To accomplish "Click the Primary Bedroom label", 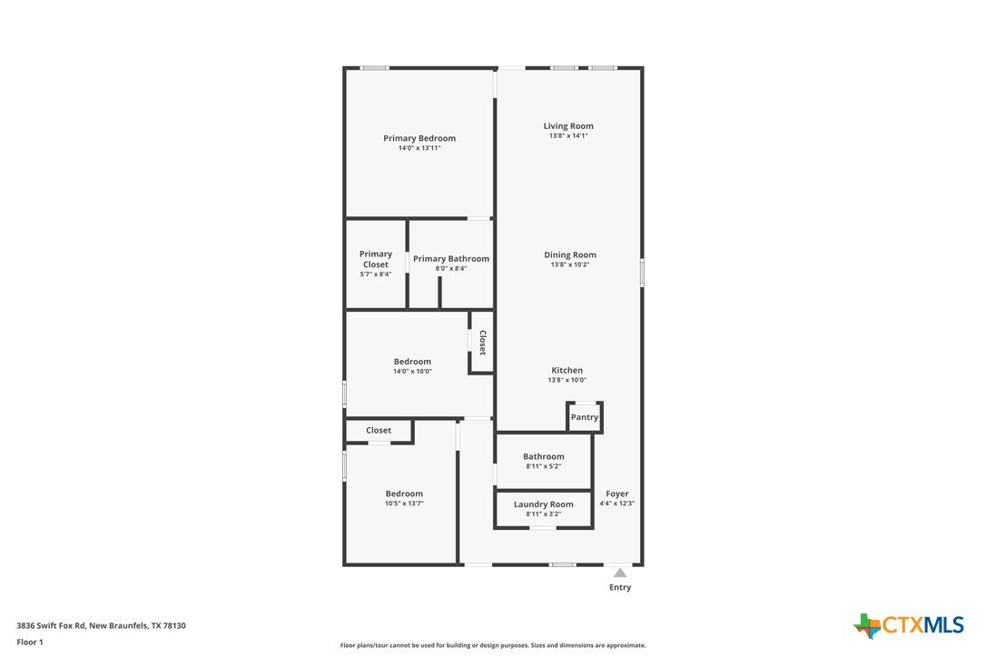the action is click(419, 138).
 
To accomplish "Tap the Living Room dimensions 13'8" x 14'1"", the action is click(568, 135).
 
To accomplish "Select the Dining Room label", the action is click(569, 254).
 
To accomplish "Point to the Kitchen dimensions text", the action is click(567, 380).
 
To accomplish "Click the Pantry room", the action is click(585, 417).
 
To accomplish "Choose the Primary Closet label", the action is click(375, 259).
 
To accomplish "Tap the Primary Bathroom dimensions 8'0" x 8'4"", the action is click(451, 268).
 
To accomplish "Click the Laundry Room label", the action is click(543, 503).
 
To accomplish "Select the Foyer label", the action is click(616, 493).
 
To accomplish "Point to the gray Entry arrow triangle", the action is click(620, 573).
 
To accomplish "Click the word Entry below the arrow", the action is click(620, 587).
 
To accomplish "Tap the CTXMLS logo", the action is click(909, 624).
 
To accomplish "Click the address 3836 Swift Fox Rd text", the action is click(51, 625).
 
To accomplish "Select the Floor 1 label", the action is click(30, 643).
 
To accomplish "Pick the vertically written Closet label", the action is click(483, 343).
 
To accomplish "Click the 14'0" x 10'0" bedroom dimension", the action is click(412, 372).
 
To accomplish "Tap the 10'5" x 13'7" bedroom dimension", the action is click(404, 503).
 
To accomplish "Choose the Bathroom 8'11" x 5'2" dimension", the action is click(543, 466).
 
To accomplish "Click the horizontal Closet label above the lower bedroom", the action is click(379, 430).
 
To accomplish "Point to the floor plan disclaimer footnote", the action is click(493, 645).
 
